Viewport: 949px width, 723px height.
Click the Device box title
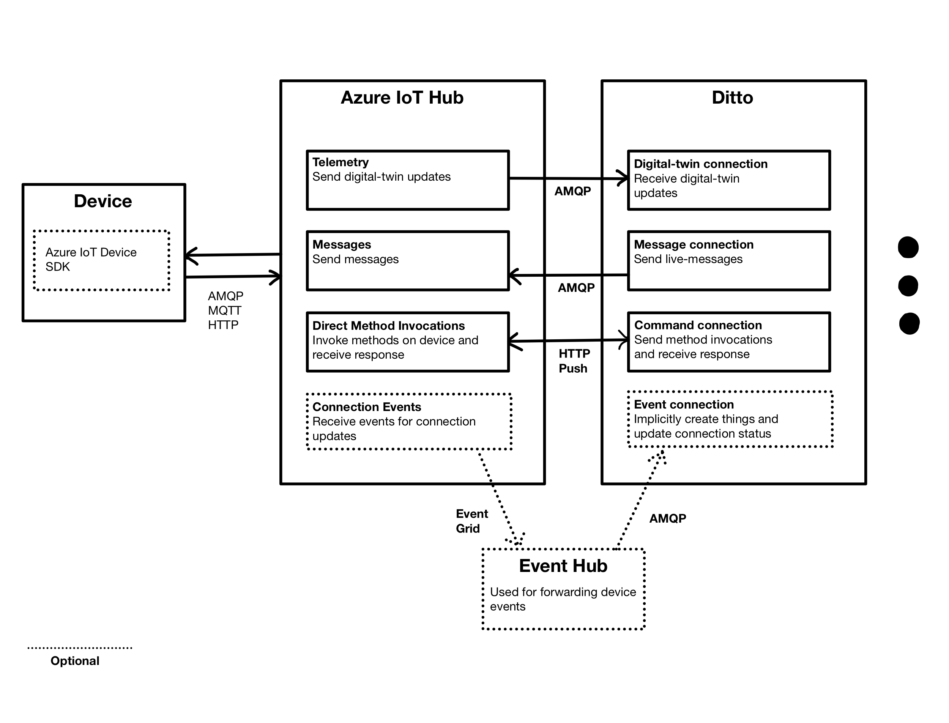coord(103,202)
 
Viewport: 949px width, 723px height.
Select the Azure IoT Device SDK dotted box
coord(102,260)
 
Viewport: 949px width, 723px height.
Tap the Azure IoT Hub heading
coord(402,98)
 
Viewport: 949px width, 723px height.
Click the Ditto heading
coord(732,98)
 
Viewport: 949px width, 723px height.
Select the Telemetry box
coord(408,180)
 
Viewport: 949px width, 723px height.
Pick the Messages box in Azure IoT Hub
coord(408,261)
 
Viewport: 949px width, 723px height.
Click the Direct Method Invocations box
coord(408,342)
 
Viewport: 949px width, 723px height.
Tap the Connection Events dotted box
coord(409,421)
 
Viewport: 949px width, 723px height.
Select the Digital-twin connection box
coord(729,180)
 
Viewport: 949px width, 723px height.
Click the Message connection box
coord(729,261)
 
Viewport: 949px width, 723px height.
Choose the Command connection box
coord(729,342)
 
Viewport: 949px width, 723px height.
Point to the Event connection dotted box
coord(730,419)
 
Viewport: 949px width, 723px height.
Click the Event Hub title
coord(563,566)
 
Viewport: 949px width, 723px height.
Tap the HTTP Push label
coord(574,361)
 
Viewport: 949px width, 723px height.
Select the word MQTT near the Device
coord(224,310)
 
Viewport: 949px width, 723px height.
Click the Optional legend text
coord(75,661)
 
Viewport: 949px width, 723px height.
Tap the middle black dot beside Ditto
coord(908,286)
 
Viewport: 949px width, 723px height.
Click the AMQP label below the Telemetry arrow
coord(572,191)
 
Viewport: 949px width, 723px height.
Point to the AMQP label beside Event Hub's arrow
coord(668,518)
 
